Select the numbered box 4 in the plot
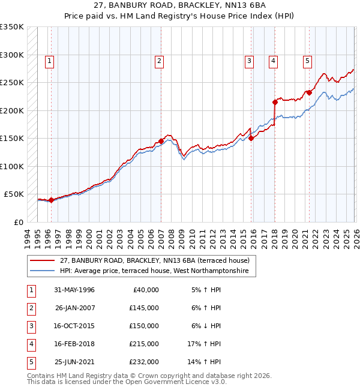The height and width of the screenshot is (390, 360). point(273,60)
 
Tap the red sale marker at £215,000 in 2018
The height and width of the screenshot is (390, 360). point(275,102)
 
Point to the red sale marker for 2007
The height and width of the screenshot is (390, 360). point(161,141)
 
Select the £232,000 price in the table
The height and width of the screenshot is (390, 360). point(144,362)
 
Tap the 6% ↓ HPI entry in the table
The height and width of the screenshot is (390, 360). point(206,326)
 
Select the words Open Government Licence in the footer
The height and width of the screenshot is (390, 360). point(169,382)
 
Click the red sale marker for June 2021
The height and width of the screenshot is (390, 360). point(309,92)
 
